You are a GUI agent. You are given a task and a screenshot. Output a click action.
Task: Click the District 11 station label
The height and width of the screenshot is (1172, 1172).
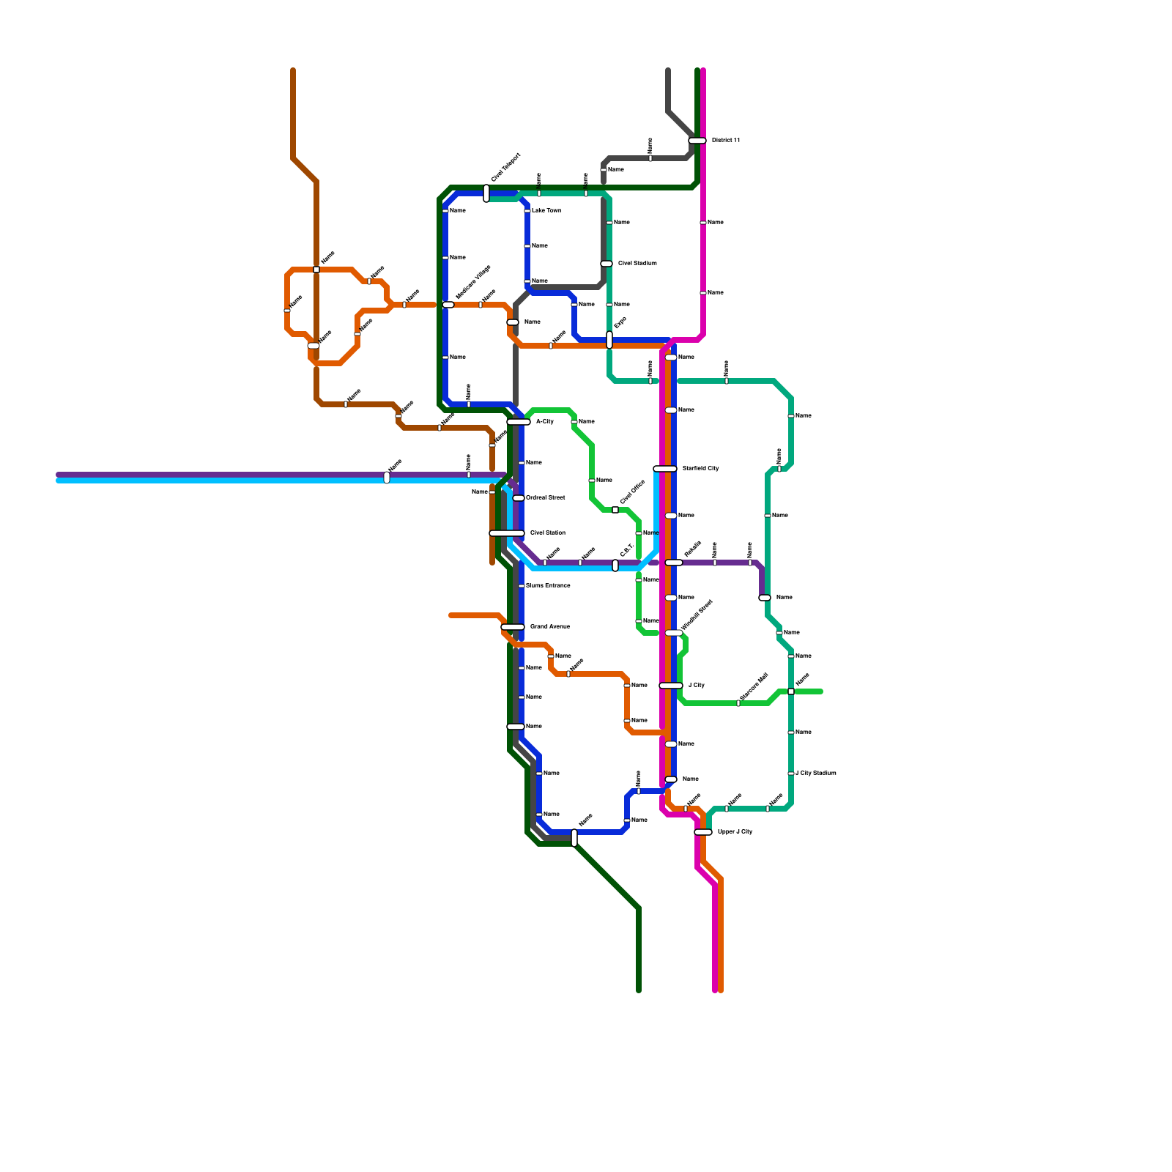(726, 141)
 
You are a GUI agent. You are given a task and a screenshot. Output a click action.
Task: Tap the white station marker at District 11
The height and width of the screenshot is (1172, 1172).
(697, 141)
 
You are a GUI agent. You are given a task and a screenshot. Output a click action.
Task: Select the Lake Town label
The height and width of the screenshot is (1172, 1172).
(546, 211)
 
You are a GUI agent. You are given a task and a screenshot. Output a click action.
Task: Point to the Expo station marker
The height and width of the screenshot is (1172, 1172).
(609, 340)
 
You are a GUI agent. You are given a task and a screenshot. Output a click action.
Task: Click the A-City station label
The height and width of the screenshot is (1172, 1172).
(545, 422)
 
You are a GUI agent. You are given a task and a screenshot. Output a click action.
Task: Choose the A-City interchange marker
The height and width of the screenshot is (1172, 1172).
(519, 422)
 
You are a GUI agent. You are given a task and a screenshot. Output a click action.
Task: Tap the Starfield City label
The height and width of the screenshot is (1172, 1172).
(700, 469)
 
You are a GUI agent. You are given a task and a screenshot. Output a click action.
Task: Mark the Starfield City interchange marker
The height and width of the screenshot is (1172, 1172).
(665, 469)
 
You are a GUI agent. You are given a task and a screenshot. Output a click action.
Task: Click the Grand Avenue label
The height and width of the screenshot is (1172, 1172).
(549, 627)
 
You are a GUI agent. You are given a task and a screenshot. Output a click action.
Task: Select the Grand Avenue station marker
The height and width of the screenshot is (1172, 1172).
(513, 627)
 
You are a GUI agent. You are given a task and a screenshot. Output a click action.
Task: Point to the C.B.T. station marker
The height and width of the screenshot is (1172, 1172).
(615, 565)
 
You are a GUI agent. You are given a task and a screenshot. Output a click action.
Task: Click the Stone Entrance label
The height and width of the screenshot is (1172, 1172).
(548, 586)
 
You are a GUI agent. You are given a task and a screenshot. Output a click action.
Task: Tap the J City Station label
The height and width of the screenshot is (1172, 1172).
(816, 774)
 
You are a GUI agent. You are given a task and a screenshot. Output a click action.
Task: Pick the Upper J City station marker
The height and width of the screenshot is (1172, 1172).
(703, 832)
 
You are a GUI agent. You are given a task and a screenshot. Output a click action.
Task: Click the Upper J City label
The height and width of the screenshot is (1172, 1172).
(735, 832)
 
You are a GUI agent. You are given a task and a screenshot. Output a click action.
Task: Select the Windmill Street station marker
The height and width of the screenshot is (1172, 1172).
(674, 633)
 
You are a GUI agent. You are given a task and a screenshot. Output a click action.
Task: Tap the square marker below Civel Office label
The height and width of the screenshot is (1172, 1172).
(615, 510)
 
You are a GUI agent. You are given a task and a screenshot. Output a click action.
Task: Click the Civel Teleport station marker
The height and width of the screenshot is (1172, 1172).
(486, 193)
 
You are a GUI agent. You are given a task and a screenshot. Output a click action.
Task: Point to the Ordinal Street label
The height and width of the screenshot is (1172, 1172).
(546, 498)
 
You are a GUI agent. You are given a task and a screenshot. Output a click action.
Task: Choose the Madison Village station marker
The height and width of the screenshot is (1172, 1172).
(448, 305)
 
